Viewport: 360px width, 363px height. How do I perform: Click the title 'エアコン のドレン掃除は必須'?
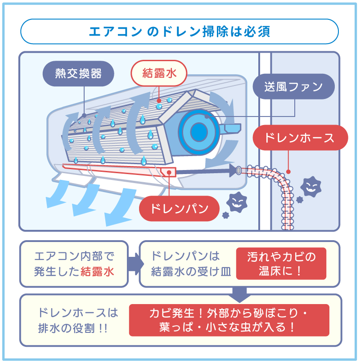(x=180, y=31)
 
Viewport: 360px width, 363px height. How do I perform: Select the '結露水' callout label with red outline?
(x=158, y=73)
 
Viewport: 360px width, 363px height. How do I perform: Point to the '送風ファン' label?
(x=293, y=86)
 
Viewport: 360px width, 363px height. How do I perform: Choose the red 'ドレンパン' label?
(x=179, y=208)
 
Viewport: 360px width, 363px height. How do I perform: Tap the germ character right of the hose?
(x=309, y=186)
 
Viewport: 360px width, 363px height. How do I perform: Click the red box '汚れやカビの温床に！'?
(x=281, y=264)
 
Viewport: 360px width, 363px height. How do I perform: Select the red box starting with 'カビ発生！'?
(x=229, y=320)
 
